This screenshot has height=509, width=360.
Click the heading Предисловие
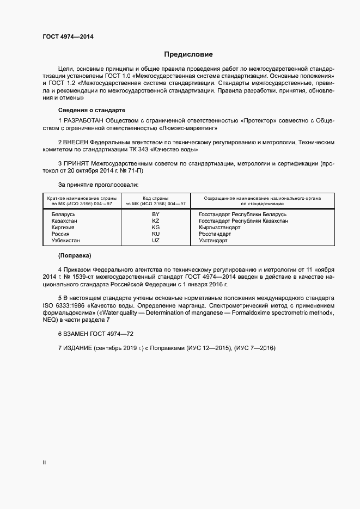(188, 54)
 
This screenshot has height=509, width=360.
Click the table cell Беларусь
(63, 214)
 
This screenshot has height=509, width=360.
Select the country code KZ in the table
(156, 221)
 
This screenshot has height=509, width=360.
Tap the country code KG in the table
(156, 228)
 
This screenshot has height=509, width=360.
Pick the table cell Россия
(60, 234)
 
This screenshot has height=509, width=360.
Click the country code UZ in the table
(156, 241)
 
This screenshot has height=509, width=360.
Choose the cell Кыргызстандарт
(219, 228)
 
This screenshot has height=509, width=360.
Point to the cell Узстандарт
(213, 241)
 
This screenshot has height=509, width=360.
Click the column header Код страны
(156, 198)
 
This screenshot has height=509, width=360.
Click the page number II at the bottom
(44, 462)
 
